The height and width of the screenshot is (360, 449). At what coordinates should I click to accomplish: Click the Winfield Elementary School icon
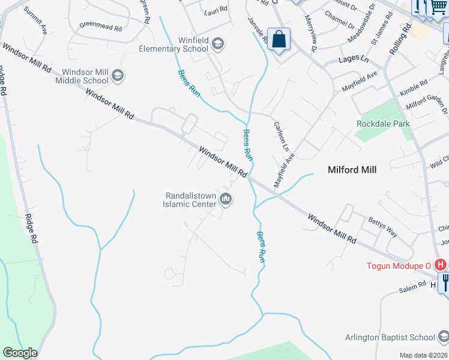point(218,44)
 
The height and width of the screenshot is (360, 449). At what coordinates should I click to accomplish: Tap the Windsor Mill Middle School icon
point(118,76)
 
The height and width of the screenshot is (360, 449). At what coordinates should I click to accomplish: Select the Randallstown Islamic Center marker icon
point(226,199)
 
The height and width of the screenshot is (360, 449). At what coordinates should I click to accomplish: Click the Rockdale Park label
point(383,124)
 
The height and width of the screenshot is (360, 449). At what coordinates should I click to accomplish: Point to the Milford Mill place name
point(352,170)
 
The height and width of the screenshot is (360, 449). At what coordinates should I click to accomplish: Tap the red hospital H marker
point(441,265)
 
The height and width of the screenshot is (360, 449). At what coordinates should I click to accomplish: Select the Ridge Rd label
point(31,221)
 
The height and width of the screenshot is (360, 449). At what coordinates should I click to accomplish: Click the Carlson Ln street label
point(282,137)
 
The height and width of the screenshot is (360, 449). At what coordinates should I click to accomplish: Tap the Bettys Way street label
point(382,227)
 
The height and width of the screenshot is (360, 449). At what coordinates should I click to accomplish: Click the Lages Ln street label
point(353,59)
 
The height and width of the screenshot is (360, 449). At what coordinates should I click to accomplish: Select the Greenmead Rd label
point(100,26)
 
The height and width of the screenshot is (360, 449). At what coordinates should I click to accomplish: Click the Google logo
point(20,353)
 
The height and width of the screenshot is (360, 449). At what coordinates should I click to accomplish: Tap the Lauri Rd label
point(216,10)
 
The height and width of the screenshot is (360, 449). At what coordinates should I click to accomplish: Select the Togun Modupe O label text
point(399,265)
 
